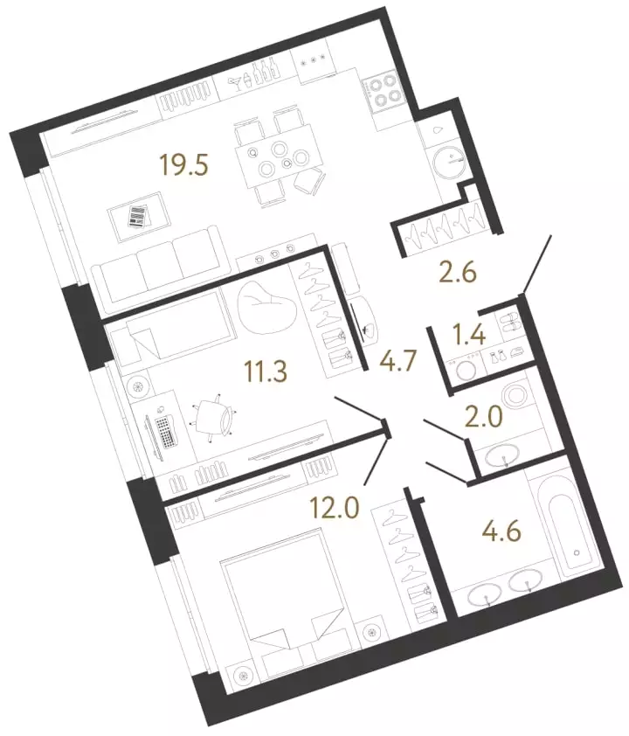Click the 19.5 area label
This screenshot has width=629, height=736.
coord(183,166)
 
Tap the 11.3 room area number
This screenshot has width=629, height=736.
coord(266,372)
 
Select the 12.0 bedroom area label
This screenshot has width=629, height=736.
coord(335,507)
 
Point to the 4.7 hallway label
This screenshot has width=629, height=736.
coord(398,362)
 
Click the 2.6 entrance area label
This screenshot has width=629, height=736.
coord(458,273)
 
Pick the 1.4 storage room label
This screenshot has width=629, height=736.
coord(469,336)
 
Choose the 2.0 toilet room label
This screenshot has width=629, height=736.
coord(483,417)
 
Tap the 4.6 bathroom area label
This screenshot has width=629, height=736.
coord(501,531)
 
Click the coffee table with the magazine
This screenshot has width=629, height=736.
coord(137,216)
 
